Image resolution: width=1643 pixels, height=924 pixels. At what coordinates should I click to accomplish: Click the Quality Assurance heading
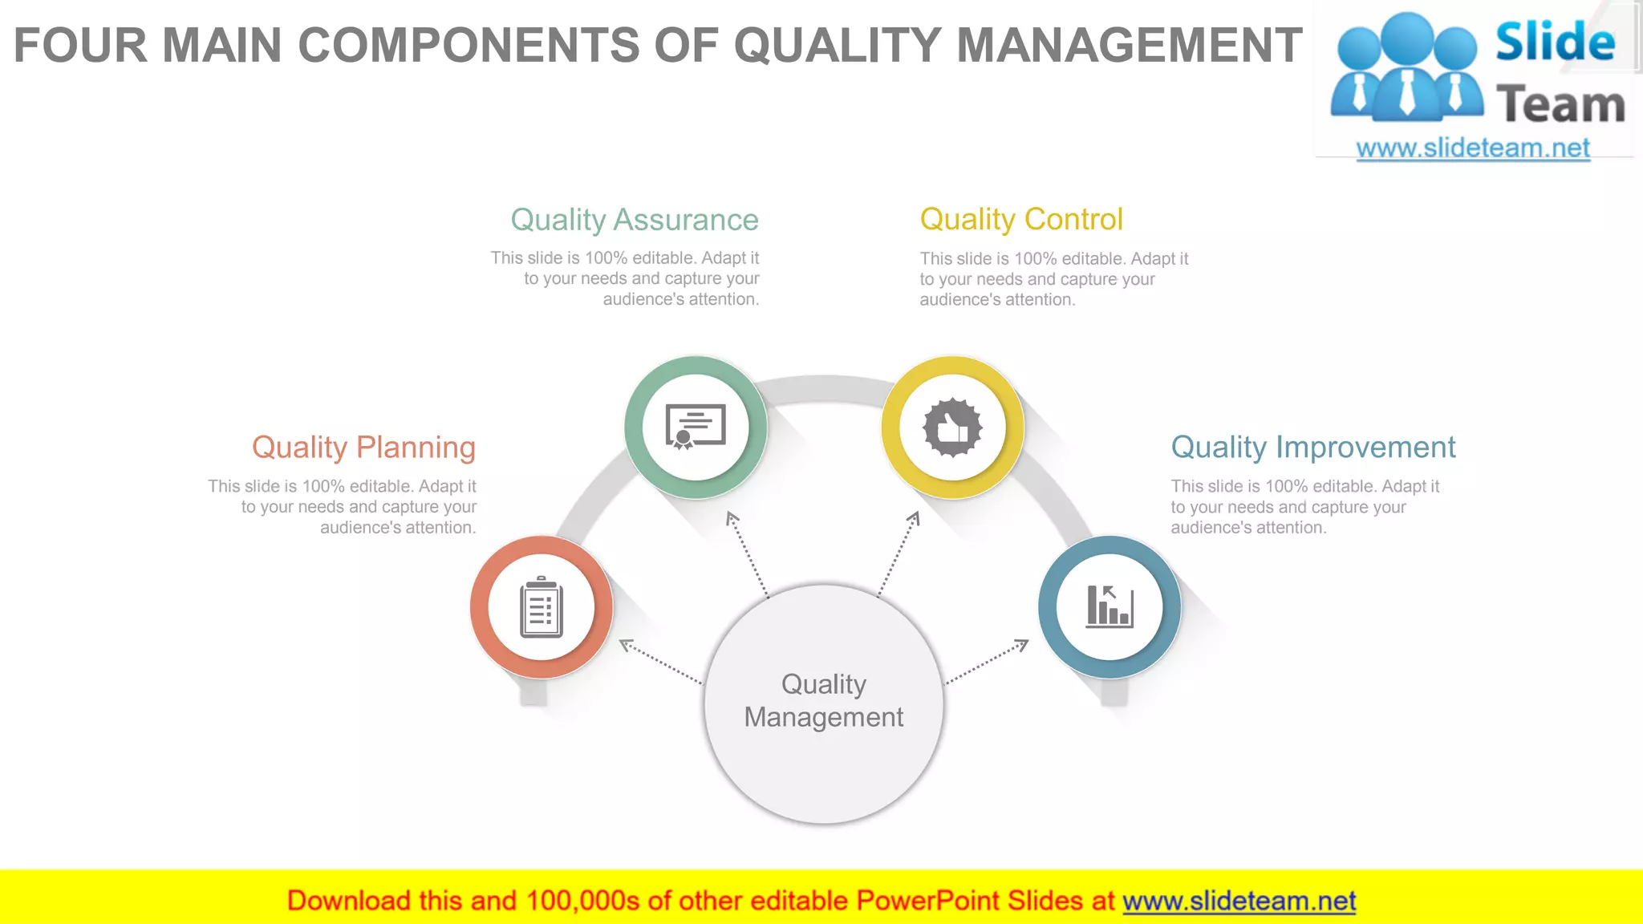click(x=634, y=220)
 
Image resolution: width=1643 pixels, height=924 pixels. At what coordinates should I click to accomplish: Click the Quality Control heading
click(x=1020, y=219)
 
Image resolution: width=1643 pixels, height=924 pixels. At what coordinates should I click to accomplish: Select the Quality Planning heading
click(x=363, y=448)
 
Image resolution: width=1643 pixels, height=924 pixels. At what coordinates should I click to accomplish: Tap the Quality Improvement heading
click(x=1312, y=448)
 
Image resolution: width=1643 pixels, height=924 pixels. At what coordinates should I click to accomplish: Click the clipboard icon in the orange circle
click(x=542, y=608)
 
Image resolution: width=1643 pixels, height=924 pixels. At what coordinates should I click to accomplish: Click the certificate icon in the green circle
click(x=696, y=427)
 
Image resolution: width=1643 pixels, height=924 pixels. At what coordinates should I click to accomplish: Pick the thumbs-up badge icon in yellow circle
click(x=952, y=428)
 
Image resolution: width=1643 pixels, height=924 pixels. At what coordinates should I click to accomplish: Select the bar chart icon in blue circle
click(x=1110, y=607)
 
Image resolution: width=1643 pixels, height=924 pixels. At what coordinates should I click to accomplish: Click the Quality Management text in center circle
click(x=824, y=700)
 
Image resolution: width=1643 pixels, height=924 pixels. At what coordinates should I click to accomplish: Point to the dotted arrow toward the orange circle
click(x=661, y=662)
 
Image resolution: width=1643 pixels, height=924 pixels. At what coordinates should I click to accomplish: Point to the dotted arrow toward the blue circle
click(x=987, y=662)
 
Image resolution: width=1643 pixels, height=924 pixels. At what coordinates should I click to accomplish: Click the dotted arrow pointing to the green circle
click(x=747, y=553)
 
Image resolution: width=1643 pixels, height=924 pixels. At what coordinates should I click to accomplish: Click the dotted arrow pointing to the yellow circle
click(x=899, y=553)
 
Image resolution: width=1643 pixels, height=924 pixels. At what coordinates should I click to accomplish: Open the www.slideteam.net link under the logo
click(x=1472, y=148)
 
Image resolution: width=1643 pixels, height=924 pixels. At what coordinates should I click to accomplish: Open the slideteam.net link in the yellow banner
click(x=1239, y=902)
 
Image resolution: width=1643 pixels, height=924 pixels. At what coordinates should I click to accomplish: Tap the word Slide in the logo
click(x=1555, y=43)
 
